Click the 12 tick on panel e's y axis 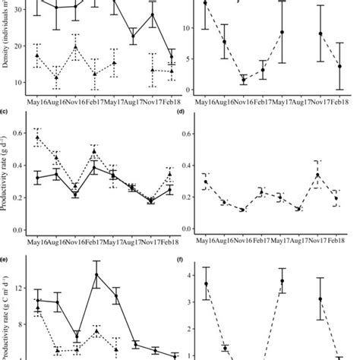22,290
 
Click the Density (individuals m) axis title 6,42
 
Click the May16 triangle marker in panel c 38,137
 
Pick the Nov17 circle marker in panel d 317,175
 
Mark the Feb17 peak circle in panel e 96,275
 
